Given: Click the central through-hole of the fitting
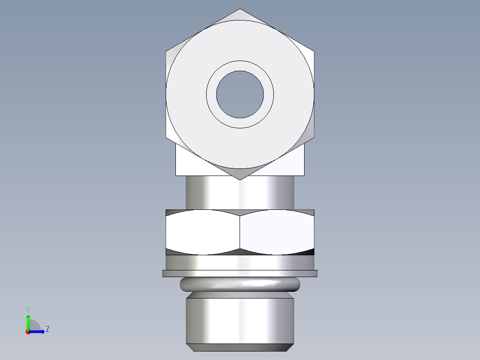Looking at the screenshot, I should click(x=240, y=94).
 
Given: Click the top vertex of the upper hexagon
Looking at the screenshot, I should click(x=240, y=9).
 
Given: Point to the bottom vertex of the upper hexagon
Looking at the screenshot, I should click(x=240, y=180).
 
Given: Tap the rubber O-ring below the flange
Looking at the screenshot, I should click(x=240, y=284).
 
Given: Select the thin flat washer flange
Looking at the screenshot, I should click(x=240, y=273).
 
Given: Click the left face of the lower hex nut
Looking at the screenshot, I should click(x=203, y=232).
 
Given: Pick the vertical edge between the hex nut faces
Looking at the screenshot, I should click(x=240, y=232).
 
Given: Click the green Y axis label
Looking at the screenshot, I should click(x=28, y=309).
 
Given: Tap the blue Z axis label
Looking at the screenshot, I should click(x=47, y=329).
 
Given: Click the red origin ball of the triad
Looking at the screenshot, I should click(x=28, y=332).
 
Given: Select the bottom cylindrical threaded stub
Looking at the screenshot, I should click(x=240, y=319).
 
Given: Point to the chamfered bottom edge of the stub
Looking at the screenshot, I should click(x=240, y=347).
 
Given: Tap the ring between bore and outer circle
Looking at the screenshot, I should click(x=212, y=94).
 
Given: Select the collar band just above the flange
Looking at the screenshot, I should click(x=240, y=263).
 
